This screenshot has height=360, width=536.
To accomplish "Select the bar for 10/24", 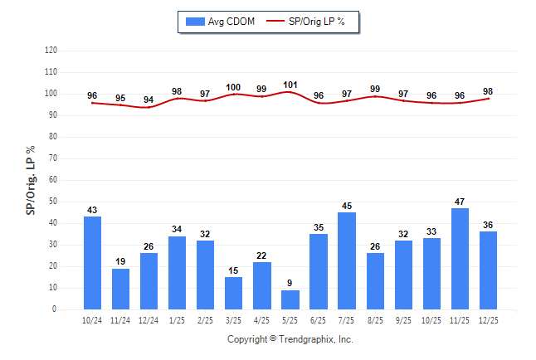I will coord(92,263).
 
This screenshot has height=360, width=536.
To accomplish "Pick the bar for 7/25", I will coord(347,260).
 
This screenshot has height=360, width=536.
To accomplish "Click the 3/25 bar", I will coord(233,293).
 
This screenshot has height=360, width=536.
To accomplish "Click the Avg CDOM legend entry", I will coord(221,22).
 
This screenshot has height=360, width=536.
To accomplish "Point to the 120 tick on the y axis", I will coord(51,51).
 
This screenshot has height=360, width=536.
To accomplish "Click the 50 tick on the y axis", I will coord(53,202).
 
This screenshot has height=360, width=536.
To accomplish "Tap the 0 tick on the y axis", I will coord(55,309).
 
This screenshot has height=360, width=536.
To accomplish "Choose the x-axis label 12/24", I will coord(149,320).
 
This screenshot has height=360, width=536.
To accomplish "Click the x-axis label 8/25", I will coord(375,320).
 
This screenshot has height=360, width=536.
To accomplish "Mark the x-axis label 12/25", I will coord(488,320).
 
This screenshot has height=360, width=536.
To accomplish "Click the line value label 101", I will coord(290,84).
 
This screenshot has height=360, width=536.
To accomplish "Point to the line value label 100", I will coord(233,87).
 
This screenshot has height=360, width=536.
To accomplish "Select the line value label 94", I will coord(149,100).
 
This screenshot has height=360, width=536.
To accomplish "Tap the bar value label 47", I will coord(460,201).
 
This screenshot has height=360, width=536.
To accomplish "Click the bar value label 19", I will coord(120,261).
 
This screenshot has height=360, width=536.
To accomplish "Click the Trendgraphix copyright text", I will coord(290,339).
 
